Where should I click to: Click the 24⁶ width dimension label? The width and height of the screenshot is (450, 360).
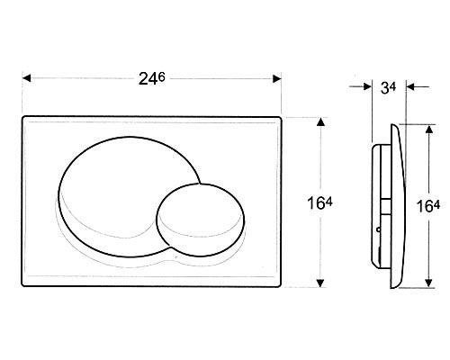[x=152, y=79]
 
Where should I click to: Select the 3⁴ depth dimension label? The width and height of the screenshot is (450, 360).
[x=388, y=87]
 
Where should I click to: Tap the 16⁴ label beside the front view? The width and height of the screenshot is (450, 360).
[x=319, y=203]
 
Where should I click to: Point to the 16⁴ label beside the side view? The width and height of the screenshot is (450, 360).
[x=428, y=206]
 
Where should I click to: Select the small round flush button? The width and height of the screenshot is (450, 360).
[x=201, y=220]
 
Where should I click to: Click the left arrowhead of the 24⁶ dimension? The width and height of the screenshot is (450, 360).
[x=27, y=78]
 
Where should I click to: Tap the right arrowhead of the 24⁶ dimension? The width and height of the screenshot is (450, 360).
[x=276, y=78]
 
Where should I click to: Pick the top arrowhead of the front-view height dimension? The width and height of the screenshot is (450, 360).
[x=320, y=121]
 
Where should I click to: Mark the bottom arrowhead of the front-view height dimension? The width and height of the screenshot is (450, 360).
[x=320, y=283]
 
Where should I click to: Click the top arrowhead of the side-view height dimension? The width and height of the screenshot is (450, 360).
[x=429, y=129]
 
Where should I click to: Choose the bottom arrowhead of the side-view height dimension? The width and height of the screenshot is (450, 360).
[x=428, y=283]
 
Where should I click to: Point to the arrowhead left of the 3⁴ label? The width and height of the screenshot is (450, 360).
[x=367, y=86]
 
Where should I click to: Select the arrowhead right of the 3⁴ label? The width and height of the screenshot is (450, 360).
[x=410, y=87]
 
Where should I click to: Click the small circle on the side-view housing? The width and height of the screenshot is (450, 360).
[x=379, y=229]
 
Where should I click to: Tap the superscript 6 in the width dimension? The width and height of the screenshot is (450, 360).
[x=162, y=76]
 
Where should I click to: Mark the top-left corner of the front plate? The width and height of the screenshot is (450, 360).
[x=22, y=117]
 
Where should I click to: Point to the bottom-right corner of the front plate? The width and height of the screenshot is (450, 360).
[x=281, y=286]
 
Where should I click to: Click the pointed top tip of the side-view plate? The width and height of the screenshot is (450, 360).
[x=391, y=124]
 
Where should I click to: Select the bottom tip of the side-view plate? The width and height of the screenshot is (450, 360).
[x=392, y=288]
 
